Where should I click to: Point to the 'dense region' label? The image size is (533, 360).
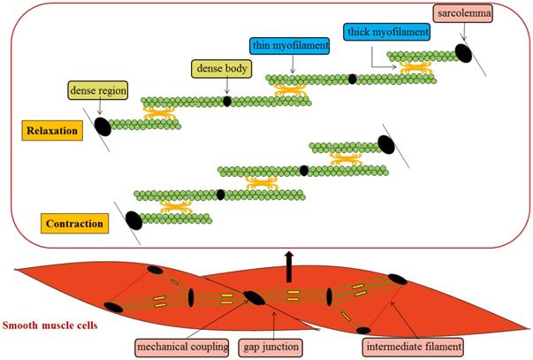click(x=97, y=88)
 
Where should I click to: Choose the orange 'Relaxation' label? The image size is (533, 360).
click(x=49, y=132)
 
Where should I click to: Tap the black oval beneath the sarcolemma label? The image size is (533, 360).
click(x=463, y=54)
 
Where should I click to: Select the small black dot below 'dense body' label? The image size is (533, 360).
click(x=226, y=102)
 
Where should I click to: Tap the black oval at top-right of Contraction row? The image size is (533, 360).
click(x=385, y=143)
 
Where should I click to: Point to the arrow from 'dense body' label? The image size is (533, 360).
click(x=226, y=86)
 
